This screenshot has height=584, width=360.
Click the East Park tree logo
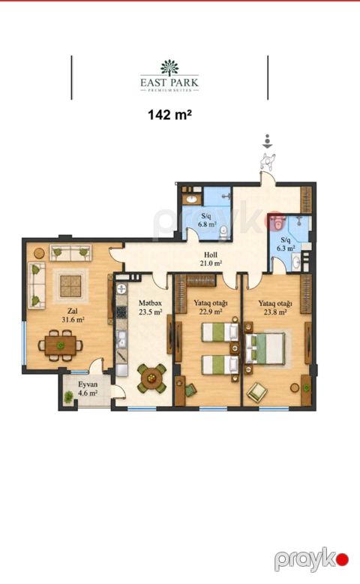(x=169, y=68)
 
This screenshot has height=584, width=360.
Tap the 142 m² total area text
(x=169, y=115)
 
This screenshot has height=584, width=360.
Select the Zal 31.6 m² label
(x=73, y=315)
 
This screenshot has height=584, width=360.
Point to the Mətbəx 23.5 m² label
(x=151, y=308)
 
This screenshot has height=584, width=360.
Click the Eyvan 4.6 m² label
(x=88, y=389)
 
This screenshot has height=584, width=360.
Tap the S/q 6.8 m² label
(x=207, y=220)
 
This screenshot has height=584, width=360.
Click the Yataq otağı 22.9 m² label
(x=211, y=307)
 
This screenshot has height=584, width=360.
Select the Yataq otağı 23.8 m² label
(x=275, y=308)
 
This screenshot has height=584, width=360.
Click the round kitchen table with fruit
(x=151, y=378)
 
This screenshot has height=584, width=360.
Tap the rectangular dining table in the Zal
(x=60, y=345)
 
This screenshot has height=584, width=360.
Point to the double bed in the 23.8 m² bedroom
(x=265, y=349)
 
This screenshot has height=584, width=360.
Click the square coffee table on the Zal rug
(x=70, y=286)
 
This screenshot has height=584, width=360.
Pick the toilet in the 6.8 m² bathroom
(x=223, y=233)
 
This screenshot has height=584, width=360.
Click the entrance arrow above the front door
(x=267, y=143)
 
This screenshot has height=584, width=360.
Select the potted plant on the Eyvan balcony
(x=68, y=397)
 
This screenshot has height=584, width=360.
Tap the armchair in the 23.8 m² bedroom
(x=257, y=391)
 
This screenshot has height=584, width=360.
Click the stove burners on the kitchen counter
(x=121, y=312)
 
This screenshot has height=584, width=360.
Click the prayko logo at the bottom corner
(x=311, y=559)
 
